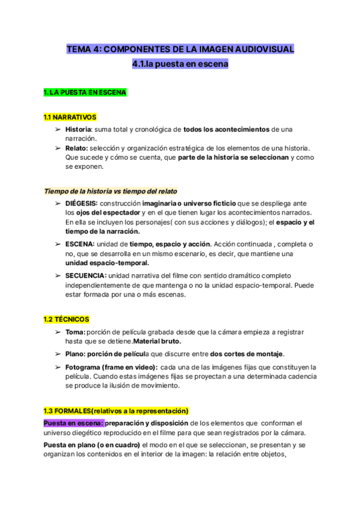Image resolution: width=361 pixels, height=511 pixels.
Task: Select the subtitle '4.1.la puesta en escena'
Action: [180, 63]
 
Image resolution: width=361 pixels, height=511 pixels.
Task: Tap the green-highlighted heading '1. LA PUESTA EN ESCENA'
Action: [84, 93]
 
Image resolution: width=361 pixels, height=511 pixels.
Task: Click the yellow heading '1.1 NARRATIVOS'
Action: [70, 117]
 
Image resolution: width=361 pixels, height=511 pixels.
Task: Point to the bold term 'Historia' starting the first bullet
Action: [78, 129]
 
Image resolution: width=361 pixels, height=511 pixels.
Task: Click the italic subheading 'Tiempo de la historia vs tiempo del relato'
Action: [110, 191]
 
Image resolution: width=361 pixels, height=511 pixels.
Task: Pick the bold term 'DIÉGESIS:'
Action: [81, 203]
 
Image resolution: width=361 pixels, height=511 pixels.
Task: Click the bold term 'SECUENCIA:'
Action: [86, 275]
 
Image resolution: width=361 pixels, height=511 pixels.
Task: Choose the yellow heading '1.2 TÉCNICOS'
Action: [66, 319]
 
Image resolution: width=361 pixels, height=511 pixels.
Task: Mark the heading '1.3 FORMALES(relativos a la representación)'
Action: [116, 410]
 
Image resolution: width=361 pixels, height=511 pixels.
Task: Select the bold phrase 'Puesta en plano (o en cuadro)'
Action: [91, 445]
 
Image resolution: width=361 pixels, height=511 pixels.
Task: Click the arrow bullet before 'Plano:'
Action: [58, 354]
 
